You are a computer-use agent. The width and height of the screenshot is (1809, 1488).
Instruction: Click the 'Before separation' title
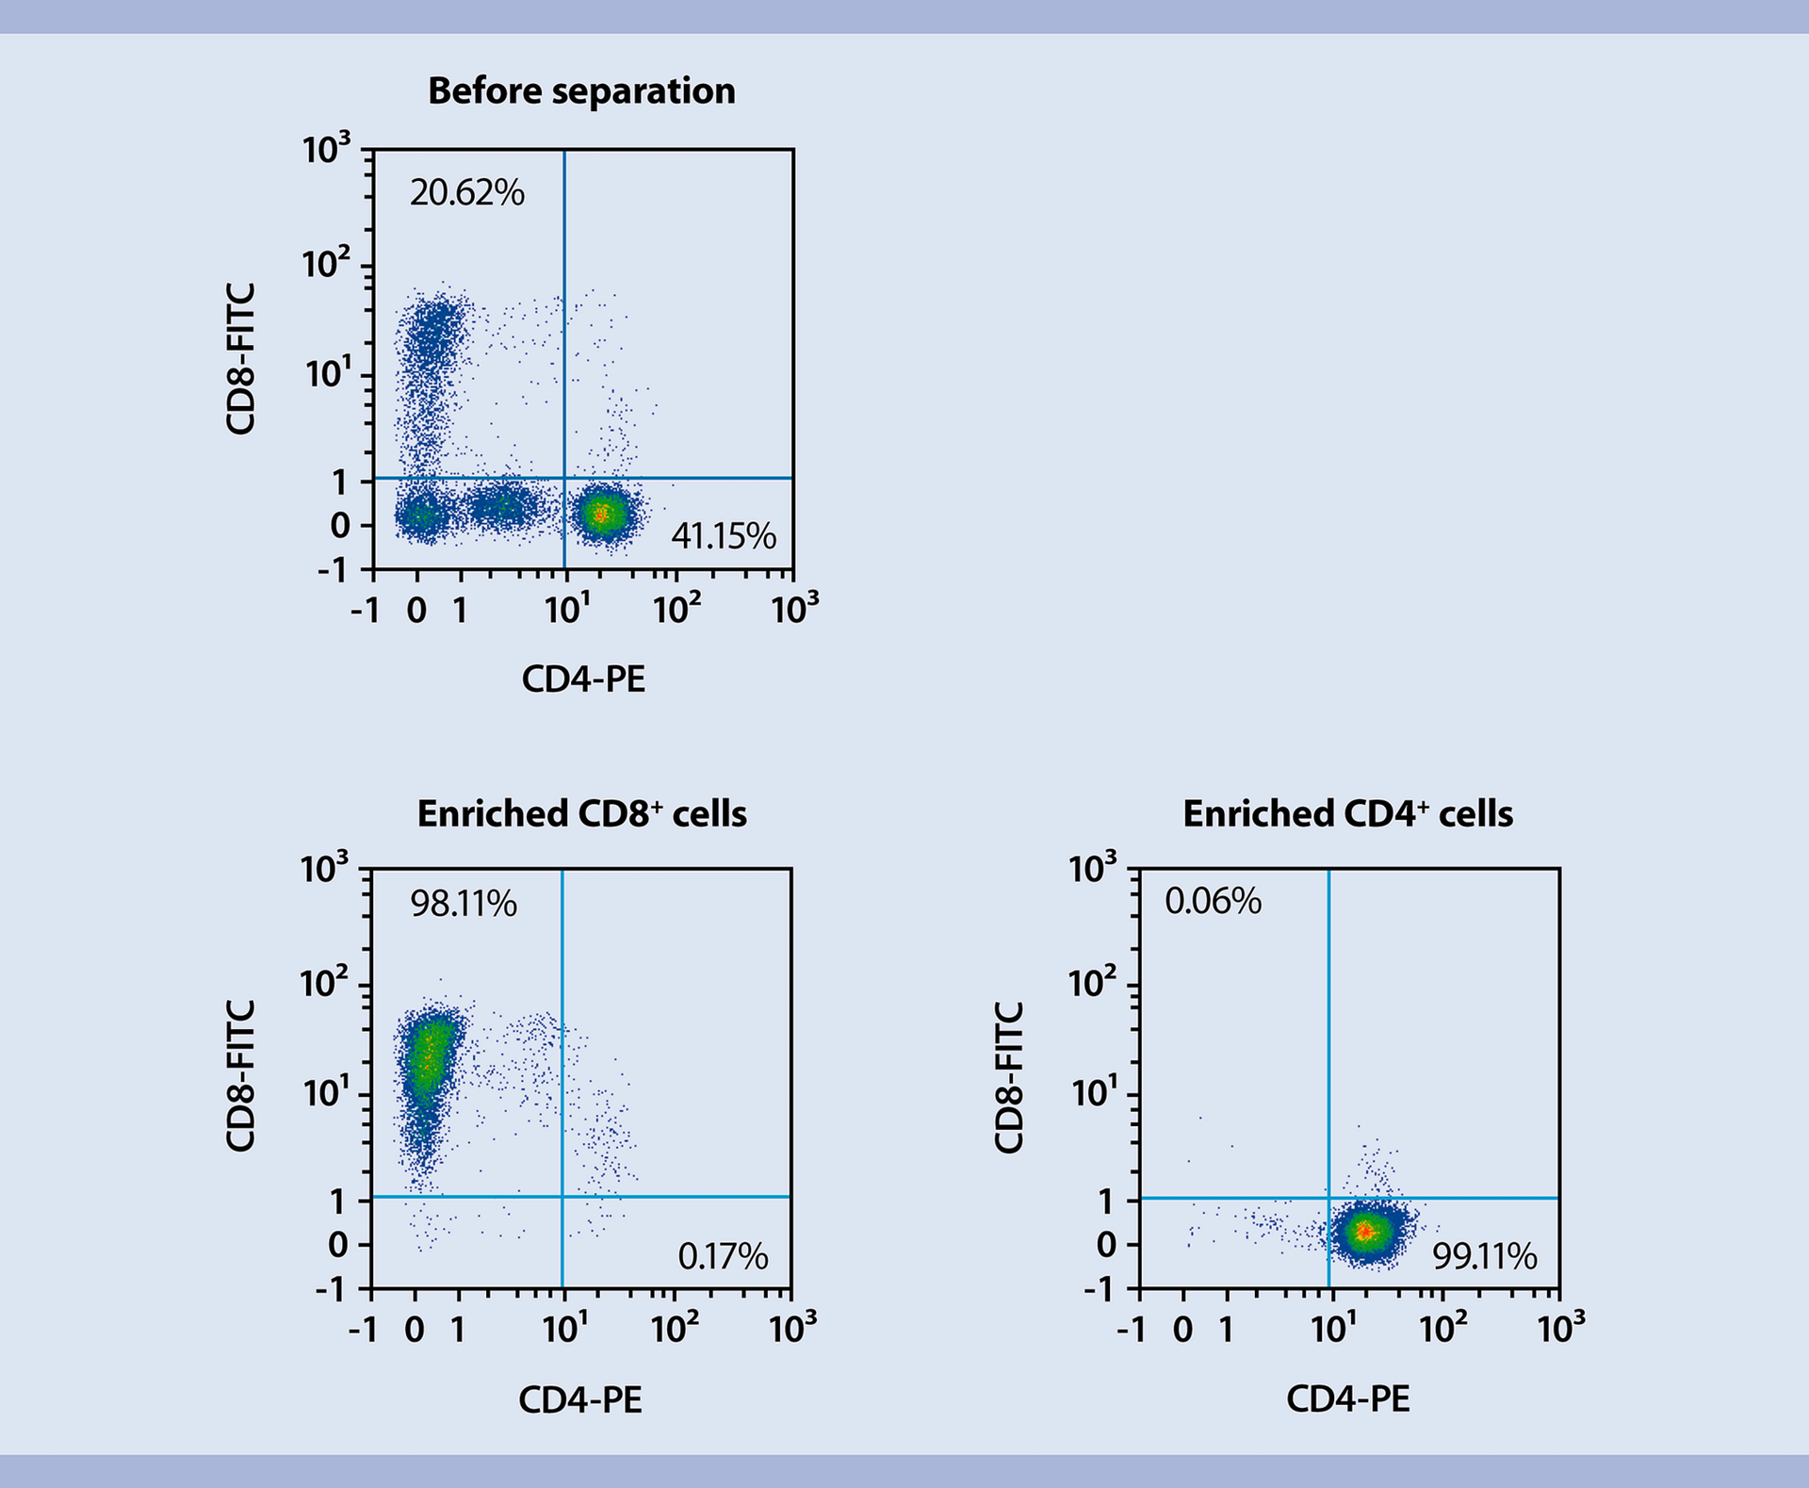point(581,91)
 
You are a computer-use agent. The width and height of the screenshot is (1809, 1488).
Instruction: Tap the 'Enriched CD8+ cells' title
point(581,814)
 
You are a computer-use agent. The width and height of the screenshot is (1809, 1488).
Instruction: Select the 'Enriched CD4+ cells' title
point(1347,814)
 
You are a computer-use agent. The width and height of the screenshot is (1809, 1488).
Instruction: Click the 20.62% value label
point(466,193)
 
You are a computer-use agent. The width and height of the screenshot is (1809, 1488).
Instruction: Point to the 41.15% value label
point(723,536)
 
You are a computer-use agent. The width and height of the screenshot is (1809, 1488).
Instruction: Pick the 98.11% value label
point(463,905)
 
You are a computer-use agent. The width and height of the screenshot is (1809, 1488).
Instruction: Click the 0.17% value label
point(723,1256)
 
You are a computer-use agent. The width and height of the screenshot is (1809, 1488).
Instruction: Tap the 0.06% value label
point(1213,902)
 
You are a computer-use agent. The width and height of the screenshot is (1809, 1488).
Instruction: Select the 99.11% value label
point(1484,1256)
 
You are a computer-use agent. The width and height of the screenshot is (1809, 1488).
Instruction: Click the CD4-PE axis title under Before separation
point(583,679)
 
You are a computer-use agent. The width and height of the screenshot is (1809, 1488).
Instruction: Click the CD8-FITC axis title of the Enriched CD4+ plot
point(1008,1077)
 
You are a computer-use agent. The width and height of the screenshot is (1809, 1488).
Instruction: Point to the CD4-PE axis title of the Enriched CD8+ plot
point(580,1400)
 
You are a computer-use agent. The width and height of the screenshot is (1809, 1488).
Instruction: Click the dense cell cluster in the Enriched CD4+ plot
point(1366,1232)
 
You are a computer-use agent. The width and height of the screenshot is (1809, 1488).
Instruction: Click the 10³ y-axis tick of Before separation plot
point(326,149)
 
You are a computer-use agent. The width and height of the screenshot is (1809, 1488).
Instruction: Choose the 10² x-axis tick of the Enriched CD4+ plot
point(1442,1329)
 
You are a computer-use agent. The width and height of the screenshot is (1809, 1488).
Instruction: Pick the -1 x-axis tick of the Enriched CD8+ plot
point(363,1330)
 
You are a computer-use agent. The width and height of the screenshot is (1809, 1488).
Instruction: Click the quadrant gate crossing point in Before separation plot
point(564,479)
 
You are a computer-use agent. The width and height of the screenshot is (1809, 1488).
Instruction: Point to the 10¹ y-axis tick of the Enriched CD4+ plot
point(1093,1094)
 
